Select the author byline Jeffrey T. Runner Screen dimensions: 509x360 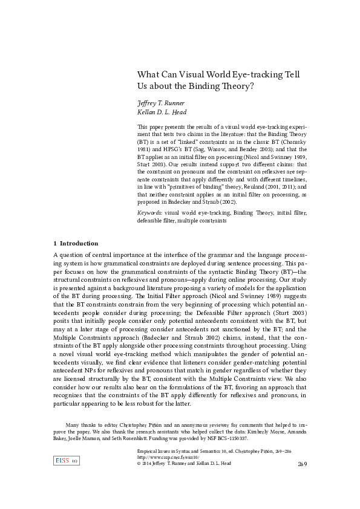[162, 103]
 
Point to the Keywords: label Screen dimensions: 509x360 [150, 213]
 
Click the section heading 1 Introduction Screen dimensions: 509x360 [76, 243]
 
